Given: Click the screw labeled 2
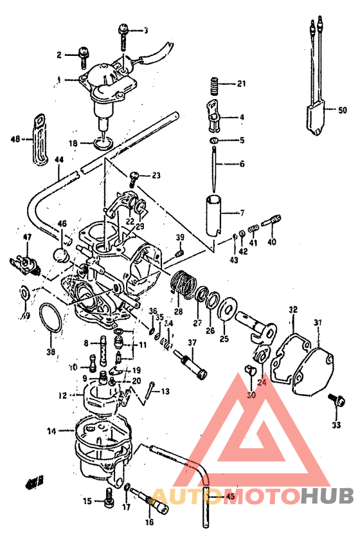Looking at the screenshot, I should pos(84,56).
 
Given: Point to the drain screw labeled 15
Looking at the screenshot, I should pos(107,495).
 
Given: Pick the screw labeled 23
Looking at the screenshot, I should pos(134,176).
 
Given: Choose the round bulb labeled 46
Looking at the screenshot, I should pos(63,255).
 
